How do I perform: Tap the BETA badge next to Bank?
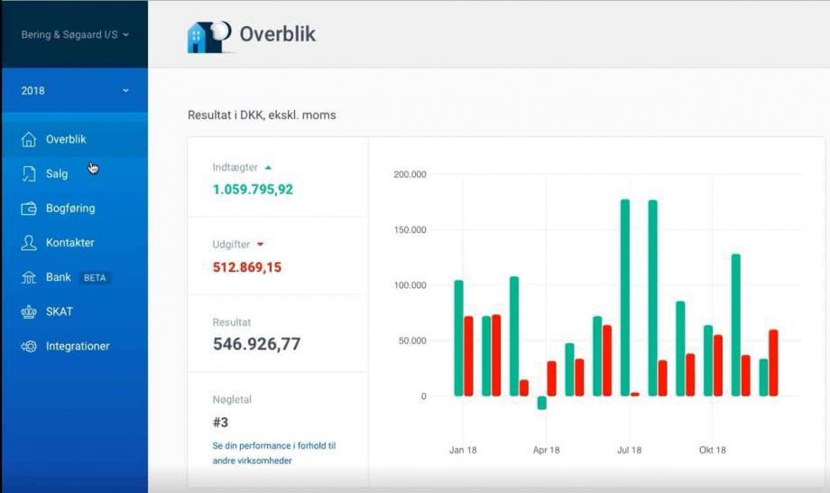point(95,277)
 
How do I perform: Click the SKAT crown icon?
point(29,312)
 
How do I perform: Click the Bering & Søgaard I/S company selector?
point(75,34)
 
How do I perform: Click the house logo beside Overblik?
point(209,36)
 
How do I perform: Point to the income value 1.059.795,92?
point(253,189)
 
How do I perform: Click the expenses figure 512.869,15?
point(247,267)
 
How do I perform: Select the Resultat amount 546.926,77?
point(257,344)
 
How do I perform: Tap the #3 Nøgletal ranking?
point(220,422)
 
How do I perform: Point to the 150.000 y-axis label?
point(410,230)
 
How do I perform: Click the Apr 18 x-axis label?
point(547,450)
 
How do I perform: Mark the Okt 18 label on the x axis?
point(713,450)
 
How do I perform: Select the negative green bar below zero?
point(541,403)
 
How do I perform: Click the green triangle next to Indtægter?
point(268,168)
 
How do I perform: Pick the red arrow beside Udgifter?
point(261,244)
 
